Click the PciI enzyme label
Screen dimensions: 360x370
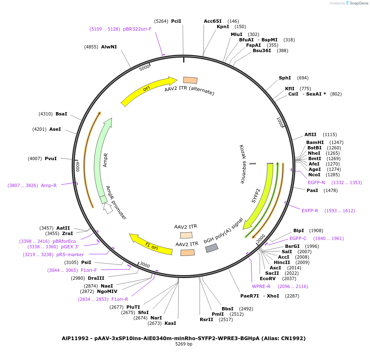click(176, 21)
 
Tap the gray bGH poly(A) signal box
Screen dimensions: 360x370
click(211, 248)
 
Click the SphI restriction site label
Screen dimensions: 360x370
click(285, 78)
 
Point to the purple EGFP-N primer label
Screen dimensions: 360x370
click(316, 182)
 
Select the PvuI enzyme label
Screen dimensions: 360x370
click(51, 158)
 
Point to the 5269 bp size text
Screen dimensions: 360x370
click(184, 344)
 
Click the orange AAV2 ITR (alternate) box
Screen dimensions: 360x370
click(190, 80)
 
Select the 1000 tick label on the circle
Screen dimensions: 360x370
click(280, 122)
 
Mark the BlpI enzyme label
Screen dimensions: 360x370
click(299, 230)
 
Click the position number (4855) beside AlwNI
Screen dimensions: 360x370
click(91, 47)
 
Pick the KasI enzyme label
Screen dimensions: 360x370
click(170, 323)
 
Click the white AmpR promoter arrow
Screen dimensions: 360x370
click(108, 208)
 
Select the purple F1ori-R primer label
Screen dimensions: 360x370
click(120, 299)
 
